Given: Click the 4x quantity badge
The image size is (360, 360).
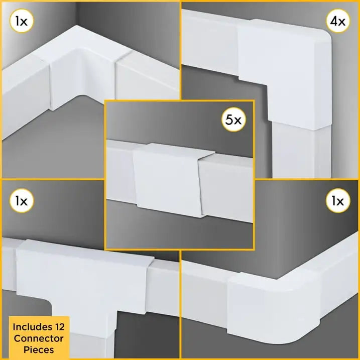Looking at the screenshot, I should coord(337,22).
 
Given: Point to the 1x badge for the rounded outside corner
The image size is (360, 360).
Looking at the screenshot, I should coord(337,201).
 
